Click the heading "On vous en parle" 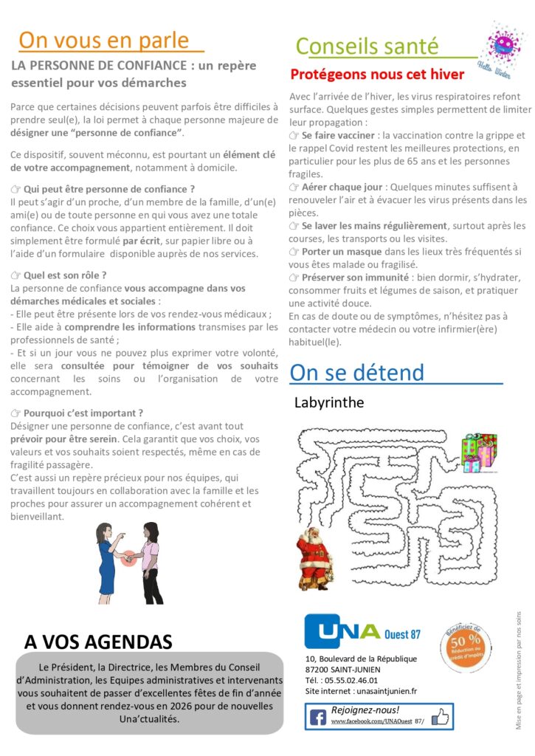[103, 40]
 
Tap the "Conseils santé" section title [367, 46]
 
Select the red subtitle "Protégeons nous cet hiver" [377, 75]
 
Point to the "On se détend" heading [357, 372]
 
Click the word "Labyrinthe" [328, 403]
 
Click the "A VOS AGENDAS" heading [98, 641]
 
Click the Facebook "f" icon [318, 717]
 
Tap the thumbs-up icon [439, 716]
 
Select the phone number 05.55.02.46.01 [352, 680]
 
